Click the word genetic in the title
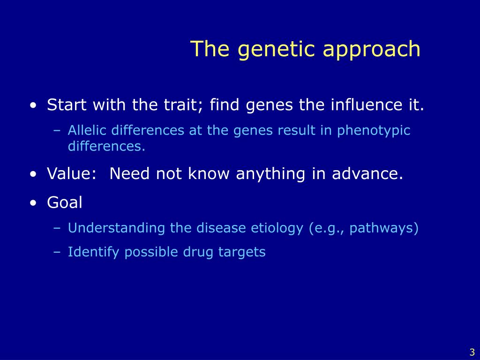(276, 49)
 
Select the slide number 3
(472, 352)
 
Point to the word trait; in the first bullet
(185, 105)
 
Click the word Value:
(72, 173)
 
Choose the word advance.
(367, 173)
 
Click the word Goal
(65, 202)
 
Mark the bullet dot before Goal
(33, 203)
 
